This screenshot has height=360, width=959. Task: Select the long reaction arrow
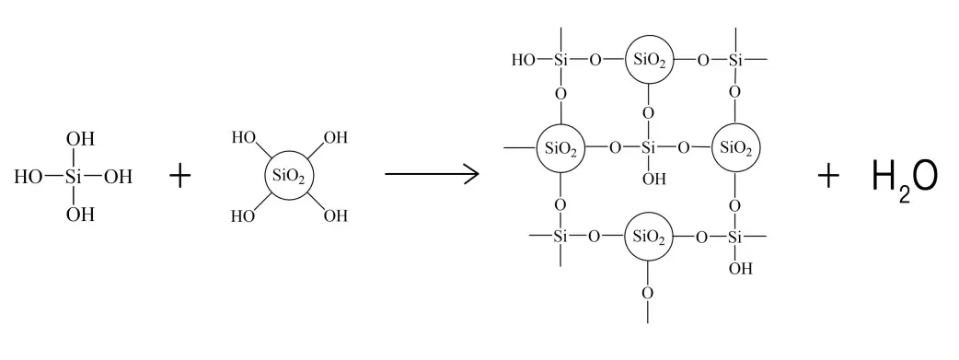coord(431,173)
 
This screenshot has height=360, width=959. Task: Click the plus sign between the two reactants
coord(180,176)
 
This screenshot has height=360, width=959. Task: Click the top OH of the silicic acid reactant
coord(81,139)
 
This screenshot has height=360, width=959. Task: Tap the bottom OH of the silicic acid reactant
coord(81,215)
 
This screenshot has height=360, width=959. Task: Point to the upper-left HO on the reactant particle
coord(242,137)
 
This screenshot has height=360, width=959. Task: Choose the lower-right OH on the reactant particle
coord(336,216)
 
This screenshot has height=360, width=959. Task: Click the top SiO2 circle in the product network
coord(649,61)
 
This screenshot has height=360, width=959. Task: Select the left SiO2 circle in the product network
coord(560,147)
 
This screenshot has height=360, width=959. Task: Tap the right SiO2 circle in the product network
coord(736,147)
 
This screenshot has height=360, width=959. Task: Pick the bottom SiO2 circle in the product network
coord(649,236)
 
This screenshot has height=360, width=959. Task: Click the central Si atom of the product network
coord(649,147)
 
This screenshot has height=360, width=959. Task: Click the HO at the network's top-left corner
coord(523,61)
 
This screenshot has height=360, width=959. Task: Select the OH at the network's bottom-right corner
coord(739,269)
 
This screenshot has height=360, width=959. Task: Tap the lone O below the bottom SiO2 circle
coord(648,294)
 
